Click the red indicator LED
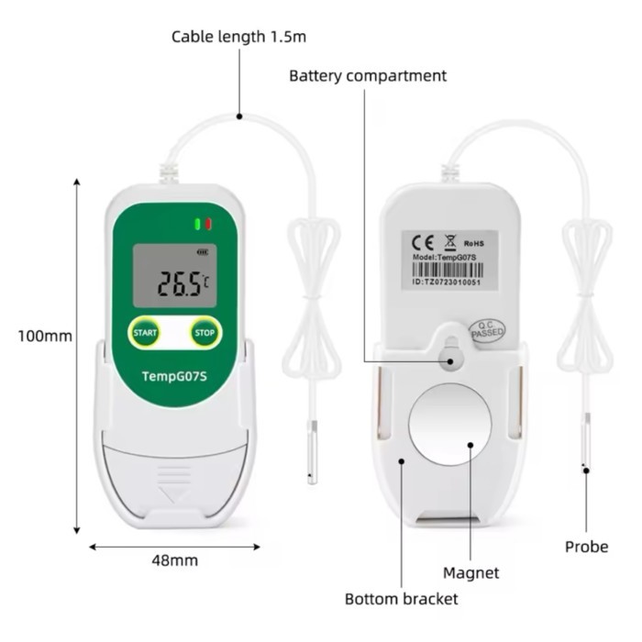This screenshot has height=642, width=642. (x=208, y=224)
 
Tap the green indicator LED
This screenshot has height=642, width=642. (x=198, y=224)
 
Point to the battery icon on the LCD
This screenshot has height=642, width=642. (x=203, y=252)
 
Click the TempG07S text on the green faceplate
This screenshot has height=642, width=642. (x=174, y=376)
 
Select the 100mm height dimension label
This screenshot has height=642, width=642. (x=45, y=337)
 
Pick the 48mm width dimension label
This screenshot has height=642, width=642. (x=175, y=560)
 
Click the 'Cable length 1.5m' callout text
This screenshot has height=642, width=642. (x=238, y=37)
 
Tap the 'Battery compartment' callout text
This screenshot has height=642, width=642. (x=368, y=76)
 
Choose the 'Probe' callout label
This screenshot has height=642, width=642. (x=586, y=547)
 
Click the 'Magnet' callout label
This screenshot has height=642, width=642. (x=470, y=573)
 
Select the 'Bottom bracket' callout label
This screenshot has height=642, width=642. (x=402, y=599)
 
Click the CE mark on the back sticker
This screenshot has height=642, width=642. (x=423, y=243)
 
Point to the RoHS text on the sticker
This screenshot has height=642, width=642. (x=474, y=244)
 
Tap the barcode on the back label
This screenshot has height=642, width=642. (x=448, y=271)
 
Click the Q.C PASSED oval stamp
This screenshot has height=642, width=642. (x=486, y=331)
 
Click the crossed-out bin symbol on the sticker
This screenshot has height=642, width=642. (x=450, y=242)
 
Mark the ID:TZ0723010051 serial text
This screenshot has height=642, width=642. (x=447, y=282)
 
